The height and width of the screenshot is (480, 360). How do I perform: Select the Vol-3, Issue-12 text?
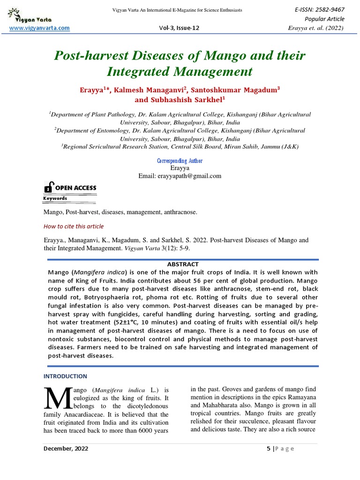(180, 28)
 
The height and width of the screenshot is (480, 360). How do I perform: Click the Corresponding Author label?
(180, 161)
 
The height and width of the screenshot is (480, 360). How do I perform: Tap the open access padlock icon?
(48, 187)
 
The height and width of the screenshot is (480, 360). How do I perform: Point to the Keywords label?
(55, 198)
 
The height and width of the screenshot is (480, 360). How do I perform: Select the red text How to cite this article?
(74, 226)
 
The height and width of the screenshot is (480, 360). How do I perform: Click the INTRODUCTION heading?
(65, 376)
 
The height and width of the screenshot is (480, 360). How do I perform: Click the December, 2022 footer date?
(66, 449)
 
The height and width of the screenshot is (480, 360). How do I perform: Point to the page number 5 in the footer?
(269, 449)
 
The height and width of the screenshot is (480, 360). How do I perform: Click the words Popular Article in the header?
(324, 19)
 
